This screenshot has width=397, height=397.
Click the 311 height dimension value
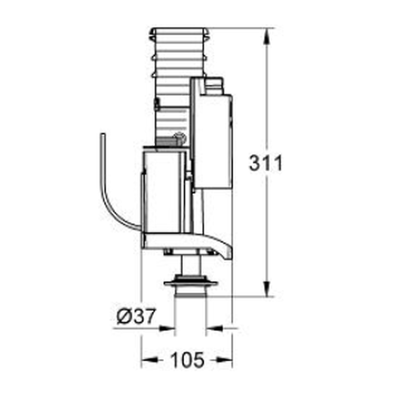[265, 164]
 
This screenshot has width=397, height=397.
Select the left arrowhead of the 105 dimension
[148, 359]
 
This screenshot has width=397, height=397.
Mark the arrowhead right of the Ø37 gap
[213, 329]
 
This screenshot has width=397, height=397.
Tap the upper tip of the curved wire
[103, 135]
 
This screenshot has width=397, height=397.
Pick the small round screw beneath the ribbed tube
[181, 139]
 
